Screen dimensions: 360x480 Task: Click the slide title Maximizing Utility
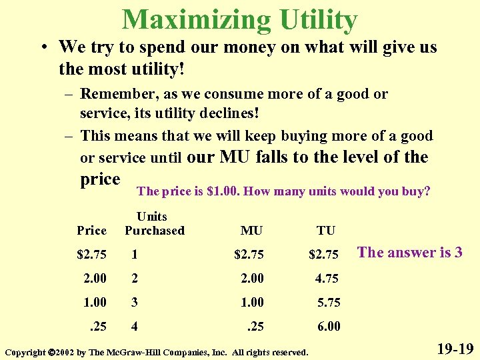point(240,19)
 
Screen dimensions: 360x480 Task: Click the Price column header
point(92,231)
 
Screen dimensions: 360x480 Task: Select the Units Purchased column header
point(154,223)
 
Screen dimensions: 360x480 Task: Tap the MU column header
point(251,231)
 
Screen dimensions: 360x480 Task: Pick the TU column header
point(326,231)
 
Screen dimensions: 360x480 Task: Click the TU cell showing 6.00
point(328,327)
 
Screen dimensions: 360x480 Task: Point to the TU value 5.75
point(328,302)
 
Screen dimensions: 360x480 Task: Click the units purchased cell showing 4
point(135,327)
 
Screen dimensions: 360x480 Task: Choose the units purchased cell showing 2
point(135,278)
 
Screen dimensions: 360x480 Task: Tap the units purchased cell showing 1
point(135,254)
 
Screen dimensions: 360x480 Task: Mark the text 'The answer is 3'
point(410,252)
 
